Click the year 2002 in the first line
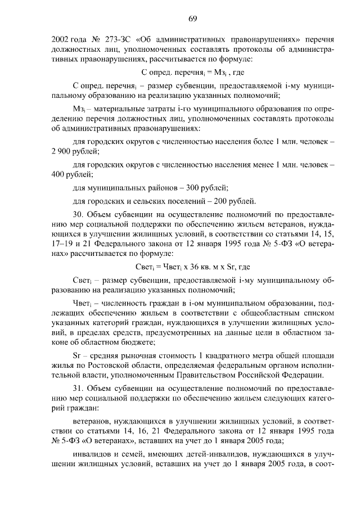click(60, 40)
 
